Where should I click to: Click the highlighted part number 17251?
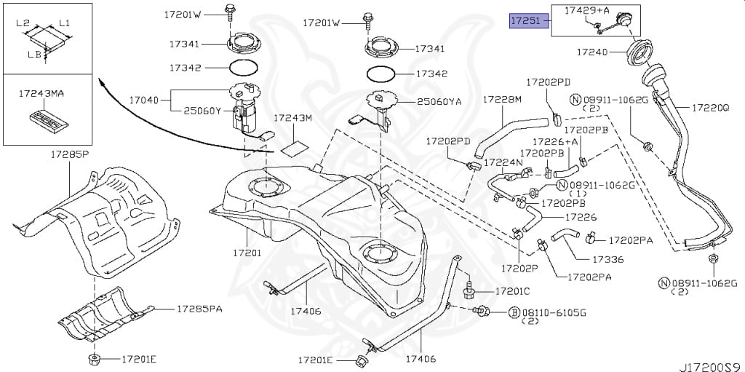525,21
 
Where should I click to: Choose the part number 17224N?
503,162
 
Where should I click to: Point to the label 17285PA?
199,309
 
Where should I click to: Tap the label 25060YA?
439,103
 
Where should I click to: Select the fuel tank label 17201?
247,253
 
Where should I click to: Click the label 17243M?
292,118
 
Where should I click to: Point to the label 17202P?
518,266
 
